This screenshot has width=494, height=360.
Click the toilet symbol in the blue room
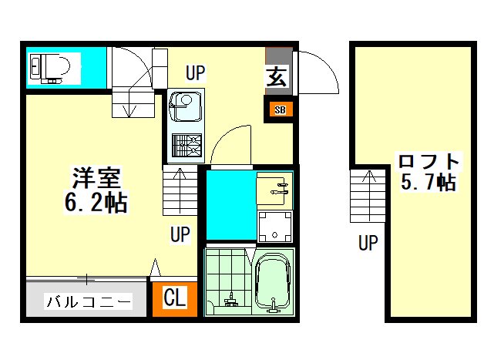[x=50, y=69]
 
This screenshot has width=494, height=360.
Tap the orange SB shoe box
[x=280, y=109]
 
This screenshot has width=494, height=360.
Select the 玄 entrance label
[x=277, y=76]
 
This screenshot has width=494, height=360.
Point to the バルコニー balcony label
[x=88, y=301]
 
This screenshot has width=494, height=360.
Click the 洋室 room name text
[x=96, y=178]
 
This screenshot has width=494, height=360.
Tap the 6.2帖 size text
[x=96, y=203]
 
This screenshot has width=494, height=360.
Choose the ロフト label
[x=428, y=161]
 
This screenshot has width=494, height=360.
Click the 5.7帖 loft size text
[x=428, y=182]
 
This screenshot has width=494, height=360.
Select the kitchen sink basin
[x=185, y=107]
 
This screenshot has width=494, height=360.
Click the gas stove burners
[x=187, y=146]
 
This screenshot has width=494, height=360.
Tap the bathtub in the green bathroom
[x=273, y=282]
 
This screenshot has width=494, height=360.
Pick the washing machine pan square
[x=274, y=227]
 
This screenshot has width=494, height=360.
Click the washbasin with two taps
[x=274, y=188]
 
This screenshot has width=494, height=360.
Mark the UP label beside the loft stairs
[x=368, y=243]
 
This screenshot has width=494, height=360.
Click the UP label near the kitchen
[x=195, y=72]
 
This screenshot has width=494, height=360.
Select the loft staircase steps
[x=368, y=196]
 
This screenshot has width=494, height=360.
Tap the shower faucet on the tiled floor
[x=231, y=300]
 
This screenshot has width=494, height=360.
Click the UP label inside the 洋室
[x=180, y=234]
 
